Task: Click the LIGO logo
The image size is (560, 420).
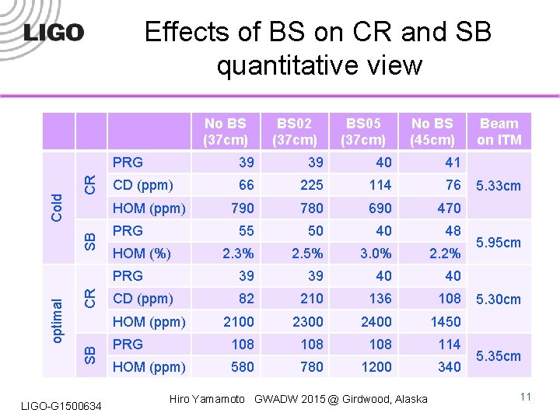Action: coord(54,33)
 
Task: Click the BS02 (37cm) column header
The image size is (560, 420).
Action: coord(295,131)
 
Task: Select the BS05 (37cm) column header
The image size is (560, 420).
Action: coord(363,131)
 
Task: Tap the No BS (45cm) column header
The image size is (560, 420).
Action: coord(432,131)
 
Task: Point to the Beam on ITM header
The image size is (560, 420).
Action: coord(499,131)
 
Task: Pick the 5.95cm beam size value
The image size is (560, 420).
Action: coord(498,243)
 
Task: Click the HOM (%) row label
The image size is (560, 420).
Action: coord(142,254)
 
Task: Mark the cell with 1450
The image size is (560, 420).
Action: coord(444,322)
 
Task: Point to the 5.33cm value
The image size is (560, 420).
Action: coord(498,186)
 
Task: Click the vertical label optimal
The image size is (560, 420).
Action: coord(57,320)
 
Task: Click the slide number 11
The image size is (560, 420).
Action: coord(525,397)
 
